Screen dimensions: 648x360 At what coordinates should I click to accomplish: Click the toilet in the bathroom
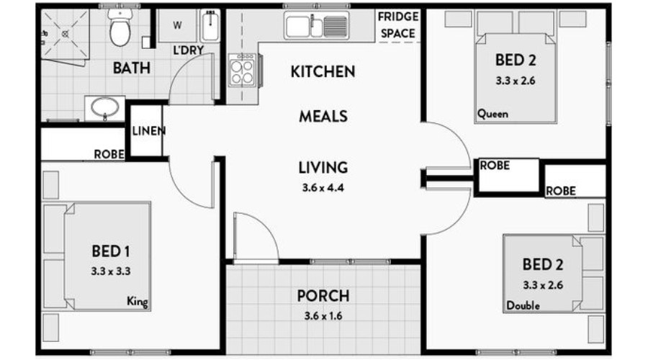coord(120,27)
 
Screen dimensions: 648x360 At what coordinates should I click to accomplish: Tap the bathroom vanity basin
coord(105,108)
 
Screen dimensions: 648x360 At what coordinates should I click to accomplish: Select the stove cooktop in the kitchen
coord(243,70)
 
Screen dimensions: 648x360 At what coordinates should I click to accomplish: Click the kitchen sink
coord(317,26)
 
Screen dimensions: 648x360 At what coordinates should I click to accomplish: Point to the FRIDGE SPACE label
coord(398,24)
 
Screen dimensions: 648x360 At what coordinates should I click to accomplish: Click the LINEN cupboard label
coord(149,131)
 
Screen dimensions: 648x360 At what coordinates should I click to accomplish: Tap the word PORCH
coord(323,296)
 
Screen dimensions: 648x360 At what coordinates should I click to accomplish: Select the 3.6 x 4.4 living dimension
coord(323,188)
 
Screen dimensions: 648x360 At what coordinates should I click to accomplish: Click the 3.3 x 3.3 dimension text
coord(111,271)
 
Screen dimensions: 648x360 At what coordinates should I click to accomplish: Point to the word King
coord(138,301)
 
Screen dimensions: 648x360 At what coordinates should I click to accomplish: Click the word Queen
coord(492,114)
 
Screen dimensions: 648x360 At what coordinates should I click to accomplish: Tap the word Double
coord(523,305)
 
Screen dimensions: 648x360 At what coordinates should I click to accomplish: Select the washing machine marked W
coord(178,26)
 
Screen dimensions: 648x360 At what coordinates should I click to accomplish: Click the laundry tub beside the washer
coord(210,26)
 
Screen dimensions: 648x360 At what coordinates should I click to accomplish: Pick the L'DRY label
coord(189,50)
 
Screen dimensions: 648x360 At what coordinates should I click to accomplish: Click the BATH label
coord(132,68)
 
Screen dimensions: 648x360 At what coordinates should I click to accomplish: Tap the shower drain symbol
coord(66,34)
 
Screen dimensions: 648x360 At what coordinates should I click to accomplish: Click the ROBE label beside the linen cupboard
coord(109,154)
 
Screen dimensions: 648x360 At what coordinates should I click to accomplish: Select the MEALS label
coord(323,117)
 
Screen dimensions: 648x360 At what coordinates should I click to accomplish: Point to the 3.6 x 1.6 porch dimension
coord(323,316)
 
